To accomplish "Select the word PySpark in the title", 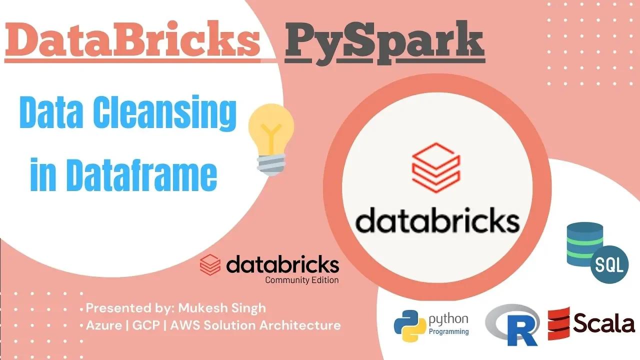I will pyautogui.click(x=384, y=43).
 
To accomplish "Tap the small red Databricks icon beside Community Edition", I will pyautogui.click(x=210, y=265).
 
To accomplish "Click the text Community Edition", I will pyautogui.click(x=301, y=280).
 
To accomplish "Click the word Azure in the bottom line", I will pyautogui.click(x=103, y=325).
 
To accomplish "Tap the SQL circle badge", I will pyautogui.click(x=609, y=265).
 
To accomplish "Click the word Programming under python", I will pyautogui.click(x=449, y=331).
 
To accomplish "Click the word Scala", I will pyautogui.click(x=604, y=323).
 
